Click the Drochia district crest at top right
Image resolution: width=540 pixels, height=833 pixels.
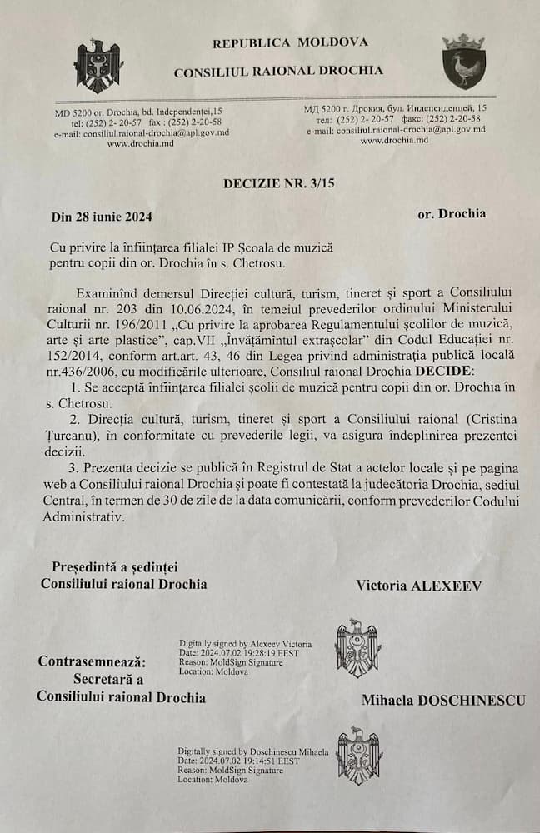(463, 61)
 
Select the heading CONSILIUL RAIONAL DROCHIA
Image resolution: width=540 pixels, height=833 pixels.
(278, 72)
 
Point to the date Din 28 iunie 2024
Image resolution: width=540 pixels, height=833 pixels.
(102, 217)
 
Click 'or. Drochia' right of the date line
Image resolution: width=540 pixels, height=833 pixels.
(452, 213)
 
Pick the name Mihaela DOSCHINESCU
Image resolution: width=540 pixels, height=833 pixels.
(442, 700)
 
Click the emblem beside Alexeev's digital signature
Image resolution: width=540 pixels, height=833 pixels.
(358, 648)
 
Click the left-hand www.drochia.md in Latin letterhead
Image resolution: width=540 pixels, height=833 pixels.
(138, 143)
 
